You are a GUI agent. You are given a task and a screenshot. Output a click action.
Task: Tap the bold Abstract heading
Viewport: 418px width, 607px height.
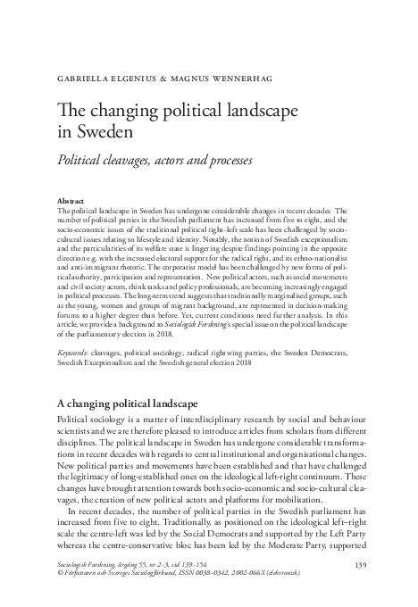[x=71, y=202]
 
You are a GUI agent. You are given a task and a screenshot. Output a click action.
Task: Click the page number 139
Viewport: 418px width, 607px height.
[x=362, y=564]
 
